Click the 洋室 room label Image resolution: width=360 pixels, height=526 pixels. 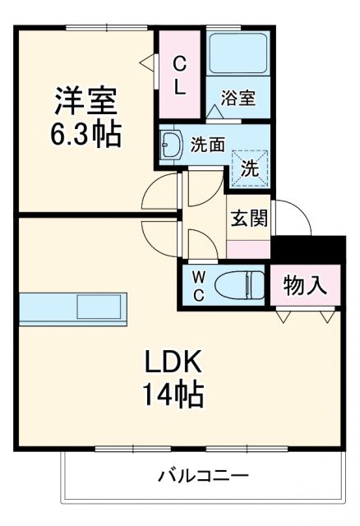coord(86,101)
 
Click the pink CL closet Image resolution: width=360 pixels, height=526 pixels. coord(178,74)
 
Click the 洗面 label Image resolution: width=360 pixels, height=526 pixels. coord(207,145)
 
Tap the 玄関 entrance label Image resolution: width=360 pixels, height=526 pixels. coord(247,220)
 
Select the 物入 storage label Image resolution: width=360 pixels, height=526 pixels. coord(305,287)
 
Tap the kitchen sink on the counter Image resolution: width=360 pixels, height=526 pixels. coord(99,308)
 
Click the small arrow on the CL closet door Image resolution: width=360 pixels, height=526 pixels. coord(145,61)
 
